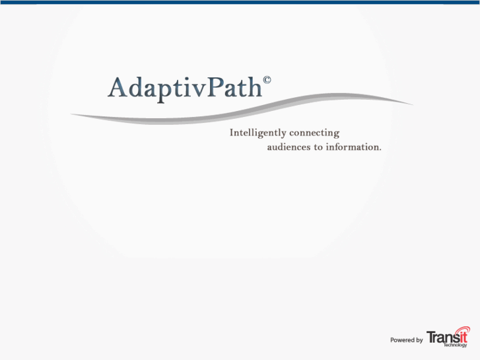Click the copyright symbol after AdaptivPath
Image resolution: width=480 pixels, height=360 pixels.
point(267,81)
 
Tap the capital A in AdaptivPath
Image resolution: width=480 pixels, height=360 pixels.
point(118,88)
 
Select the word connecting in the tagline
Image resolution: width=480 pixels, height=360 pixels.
point(314,133)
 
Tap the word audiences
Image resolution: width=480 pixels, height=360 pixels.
point(289,147)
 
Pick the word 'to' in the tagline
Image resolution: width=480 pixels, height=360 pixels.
point(318,147)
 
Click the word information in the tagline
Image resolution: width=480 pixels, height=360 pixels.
point(352,147)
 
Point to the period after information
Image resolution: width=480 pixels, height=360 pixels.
point(380,149)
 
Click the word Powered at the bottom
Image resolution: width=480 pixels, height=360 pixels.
point(401,340)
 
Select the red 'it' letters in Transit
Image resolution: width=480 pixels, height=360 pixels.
point(462,337)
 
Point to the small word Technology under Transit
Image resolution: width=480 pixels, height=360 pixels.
point(456,345)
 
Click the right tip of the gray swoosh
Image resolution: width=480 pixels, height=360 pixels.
point(411,104)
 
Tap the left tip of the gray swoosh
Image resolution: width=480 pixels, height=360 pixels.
point(73,115)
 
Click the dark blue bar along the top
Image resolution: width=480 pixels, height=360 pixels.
point(240,2)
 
